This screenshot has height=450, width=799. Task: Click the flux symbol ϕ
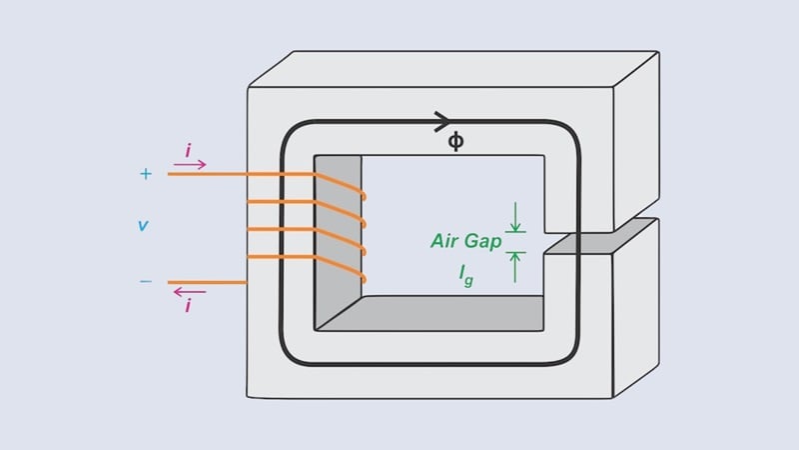(455, 142)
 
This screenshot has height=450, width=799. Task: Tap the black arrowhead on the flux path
(441, 122)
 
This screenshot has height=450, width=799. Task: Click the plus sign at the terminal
(146, 174)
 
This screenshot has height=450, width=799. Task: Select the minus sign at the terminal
(146, 282)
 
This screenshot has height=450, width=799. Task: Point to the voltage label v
(143, 226)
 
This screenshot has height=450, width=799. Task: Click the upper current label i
(188, 150)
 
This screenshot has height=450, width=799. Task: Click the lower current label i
(188, 306)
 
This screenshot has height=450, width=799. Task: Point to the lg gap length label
(465, 272)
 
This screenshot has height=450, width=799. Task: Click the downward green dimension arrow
(515, 217)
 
